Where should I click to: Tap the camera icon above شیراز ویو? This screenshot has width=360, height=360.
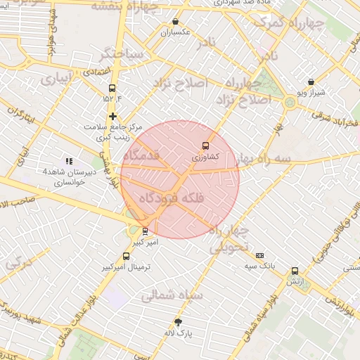311,82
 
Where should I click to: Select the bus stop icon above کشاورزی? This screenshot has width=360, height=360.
205,146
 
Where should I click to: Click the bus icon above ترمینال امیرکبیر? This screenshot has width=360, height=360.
126,257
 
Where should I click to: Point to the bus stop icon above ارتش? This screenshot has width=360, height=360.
295,271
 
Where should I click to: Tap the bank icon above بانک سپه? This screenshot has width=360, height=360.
259,256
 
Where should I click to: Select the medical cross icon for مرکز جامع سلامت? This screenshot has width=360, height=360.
112,115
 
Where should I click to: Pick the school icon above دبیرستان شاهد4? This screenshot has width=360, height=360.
69,161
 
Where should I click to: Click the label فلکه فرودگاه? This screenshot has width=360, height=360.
174,198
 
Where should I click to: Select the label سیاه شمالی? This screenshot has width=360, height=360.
172,296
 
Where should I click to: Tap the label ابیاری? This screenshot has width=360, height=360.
56,79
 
